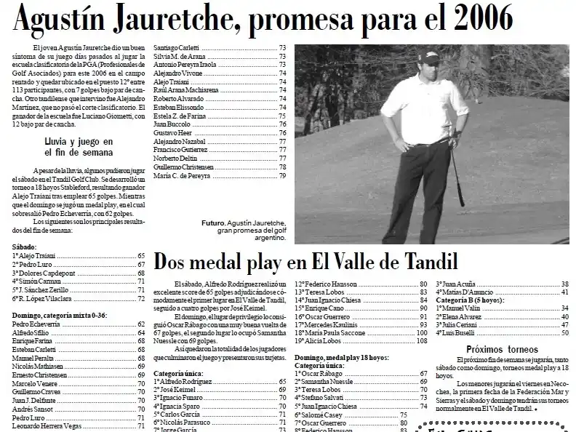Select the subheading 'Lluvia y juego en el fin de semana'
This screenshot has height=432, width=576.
click(x=79, y=147)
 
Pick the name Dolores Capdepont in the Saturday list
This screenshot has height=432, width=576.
click(x=42, y=272)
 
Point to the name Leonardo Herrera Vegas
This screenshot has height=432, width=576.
click(x=46, y=426)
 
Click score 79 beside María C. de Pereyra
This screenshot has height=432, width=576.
click(x=282, y=175)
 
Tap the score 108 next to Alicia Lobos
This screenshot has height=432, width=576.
click(x=422, y=340)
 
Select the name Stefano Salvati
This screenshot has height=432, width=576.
click(x=323, y=398)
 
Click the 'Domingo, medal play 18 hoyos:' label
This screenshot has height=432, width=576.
click(x=341, y=358)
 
